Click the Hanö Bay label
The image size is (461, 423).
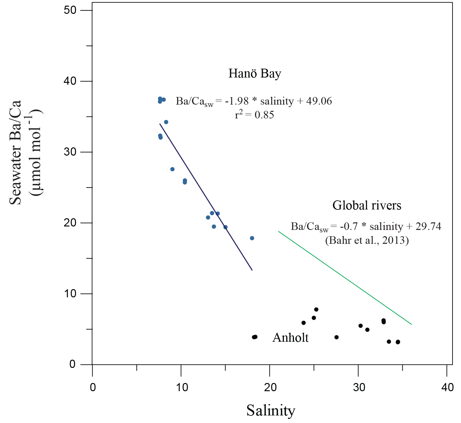(x=255, y=74)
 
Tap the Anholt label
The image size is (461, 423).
(x=290, y=338)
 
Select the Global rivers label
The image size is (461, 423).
(x=367, y=205)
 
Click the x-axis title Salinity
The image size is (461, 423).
(x=271, y=411)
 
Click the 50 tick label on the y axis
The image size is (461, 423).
(x=70, y=10)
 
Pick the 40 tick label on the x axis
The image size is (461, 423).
(x=447, y=387)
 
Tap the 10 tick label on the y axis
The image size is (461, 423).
(x=70, y=294)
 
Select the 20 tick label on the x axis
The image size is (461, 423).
(x=270, y=387)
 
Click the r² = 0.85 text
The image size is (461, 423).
(x=254, y=115)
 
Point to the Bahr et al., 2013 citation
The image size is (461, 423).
(x=367, y=240)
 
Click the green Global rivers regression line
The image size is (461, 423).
(x=345, y=278)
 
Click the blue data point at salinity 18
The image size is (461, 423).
(x=252, y=238)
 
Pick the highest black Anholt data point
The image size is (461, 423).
(x=316, y=309)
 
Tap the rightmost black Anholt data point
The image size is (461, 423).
(x=398, y=342)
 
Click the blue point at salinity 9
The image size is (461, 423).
(x=172, y=169)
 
